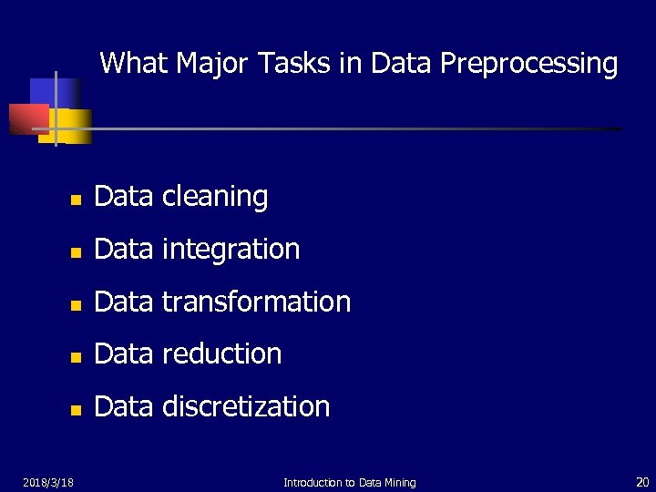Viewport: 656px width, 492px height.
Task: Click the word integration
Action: [x=231, y=250]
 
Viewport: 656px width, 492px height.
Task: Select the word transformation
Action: [x=256, y=302]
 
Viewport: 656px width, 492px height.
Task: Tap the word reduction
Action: [x=221, y=354]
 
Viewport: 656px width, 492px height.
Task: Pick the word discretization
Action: [x=246, y=406]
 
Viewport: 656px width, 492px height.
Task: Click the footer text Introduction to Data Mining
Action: [x=349, y=482]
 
